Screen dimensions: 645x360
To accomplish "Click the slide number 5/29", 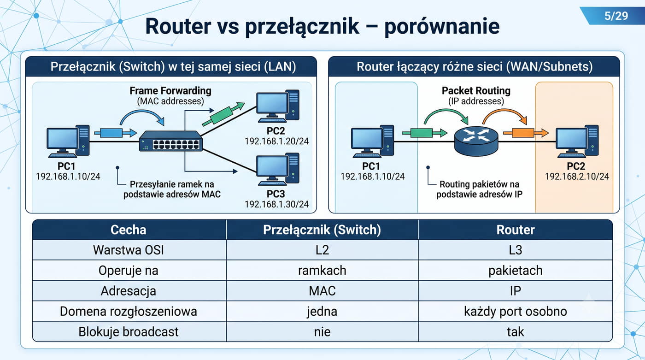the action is pyautogui.click(x=616, y=16).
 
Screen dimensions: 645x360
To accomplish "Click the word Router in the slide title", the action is pyautogui.click(x=178, y=26).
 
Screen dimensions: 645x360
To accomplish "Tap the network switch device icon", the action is pyautogui.click(x=171, y=141).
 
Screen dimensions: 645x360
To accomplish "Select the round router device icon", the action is pyautogui.click(x=476, y=141).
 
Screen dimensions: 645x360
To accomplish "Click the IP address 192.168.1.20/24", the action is pyautogui.click(x=276, y=141).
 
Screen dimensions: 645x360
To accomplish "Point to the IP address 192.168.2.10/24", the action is pyautogui.click(x=577, y=176).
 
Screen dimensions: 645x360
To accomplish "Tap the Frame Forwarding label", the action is pyautogui.click(x=170, y=91).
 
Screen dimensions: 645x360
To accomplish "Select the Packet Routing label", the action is pyautogui.click(x=476, y=91).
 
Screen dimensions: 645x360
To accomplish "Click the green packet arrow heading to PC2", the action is pyautogui.click(x=223, y=114).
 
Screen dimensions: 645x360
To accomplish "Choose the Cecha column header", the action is pyautogui.click(x=129, y=230).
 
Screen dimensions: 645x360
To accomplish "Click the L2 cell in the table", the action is pyautogui.click(x=322, y=250).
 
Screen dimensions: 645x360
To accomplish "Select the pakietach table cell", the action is pyautogui.click(x=515, y=271).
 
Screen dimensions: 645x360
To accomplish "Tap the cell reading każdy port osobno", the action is pyautogui.click(x=515, y=311).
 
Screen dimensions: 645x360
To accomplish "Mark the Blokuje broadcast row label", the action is pyautogui.click(x=129, y=332).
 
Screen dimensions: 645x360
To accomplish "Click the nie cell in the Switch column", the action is pyautogui.click(x=322, y=332).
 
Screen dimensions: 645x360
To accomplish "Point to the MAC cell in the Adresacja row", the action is pyautogui.click(x=322, y=291).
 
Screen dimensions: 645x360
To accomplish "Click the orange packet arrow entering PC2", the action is pyautogui.click(x=526, y=133).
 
